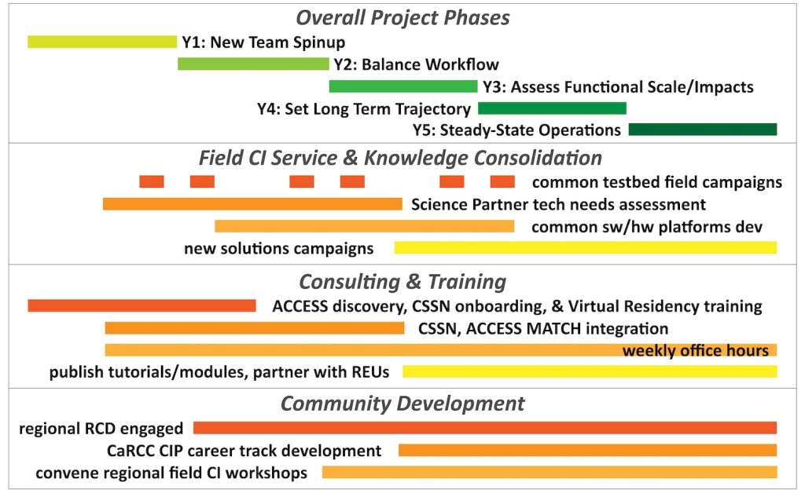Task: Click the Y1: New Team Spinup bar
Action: tap(102, 42)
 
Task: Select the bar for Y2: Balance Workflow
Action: tap(253, 64)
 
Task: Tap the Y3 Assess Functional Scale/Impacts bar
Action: tap(403, 86)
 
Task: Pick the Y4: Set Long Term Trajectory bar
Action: tap(552, 108)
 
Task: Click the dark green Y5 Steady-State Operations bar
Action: tap(703, 130)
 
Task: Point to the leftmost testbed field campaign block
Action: tap(152, 181)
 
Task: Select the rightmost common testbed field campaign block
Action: tap(502, 181)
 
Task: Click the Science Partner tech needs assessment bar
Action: tap(252, 203)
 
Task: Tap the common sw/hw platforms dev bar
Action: tap(365, 226)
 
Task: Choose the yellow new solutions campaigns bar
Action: tap(586, 248)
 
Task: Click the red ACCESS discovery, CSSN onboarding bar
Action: tap(142, 305)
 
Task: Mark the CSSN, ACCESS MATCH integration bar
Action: tap(255, 327)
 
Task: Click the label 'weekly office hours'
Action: tap(696, 351)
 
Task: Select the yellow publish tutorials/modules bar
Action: tap(590, 371)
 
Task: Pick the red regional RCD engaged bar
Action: tap(485, 428)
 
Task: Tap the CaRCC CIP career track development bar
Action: tap(588, 451)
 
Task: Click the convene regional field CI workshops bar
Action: tap(550, 472)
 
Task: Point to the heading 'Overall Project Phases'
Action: tap(403, 18)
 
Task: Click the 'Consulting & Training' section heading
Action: tap(403, 282)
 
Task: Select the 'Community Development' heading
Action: tap(403, 404)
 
